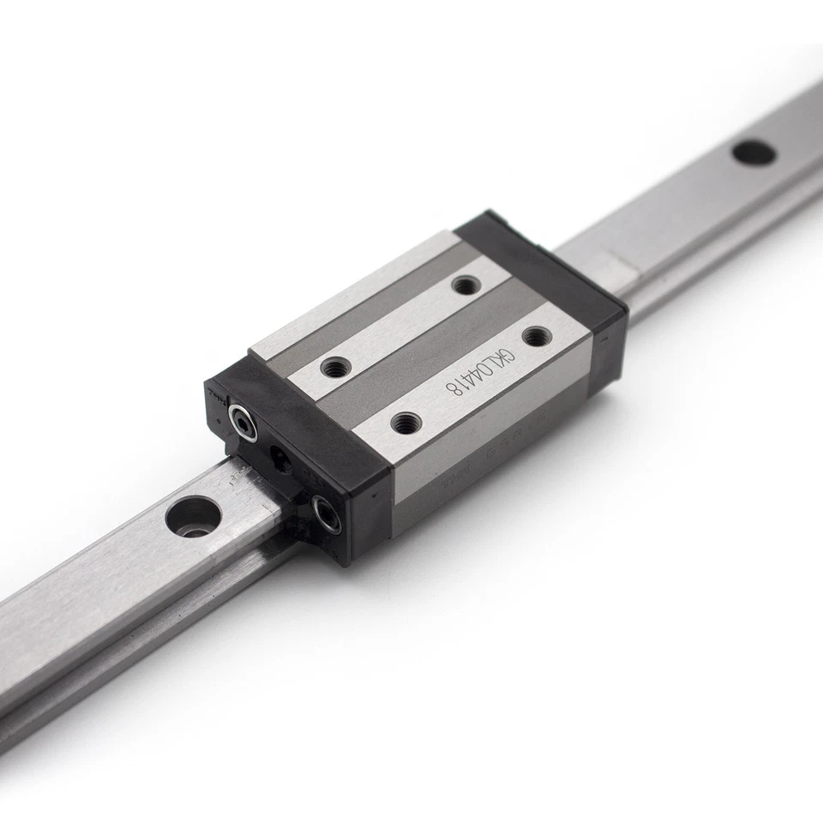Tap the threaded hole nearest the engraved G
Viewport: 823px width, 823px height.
coord(536,337)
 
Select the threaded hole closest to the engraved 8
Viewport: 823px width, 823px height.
coord(405,422)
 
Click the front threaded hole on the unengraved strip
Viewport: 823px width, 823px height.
coord(335,369)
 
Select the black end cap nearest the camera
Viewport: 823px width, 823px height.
coord(291,463)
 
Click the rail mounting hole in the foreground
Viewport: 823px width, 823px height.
coord(193,516)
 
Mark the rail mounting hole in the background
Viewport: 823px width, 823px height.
coord(754,153)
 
